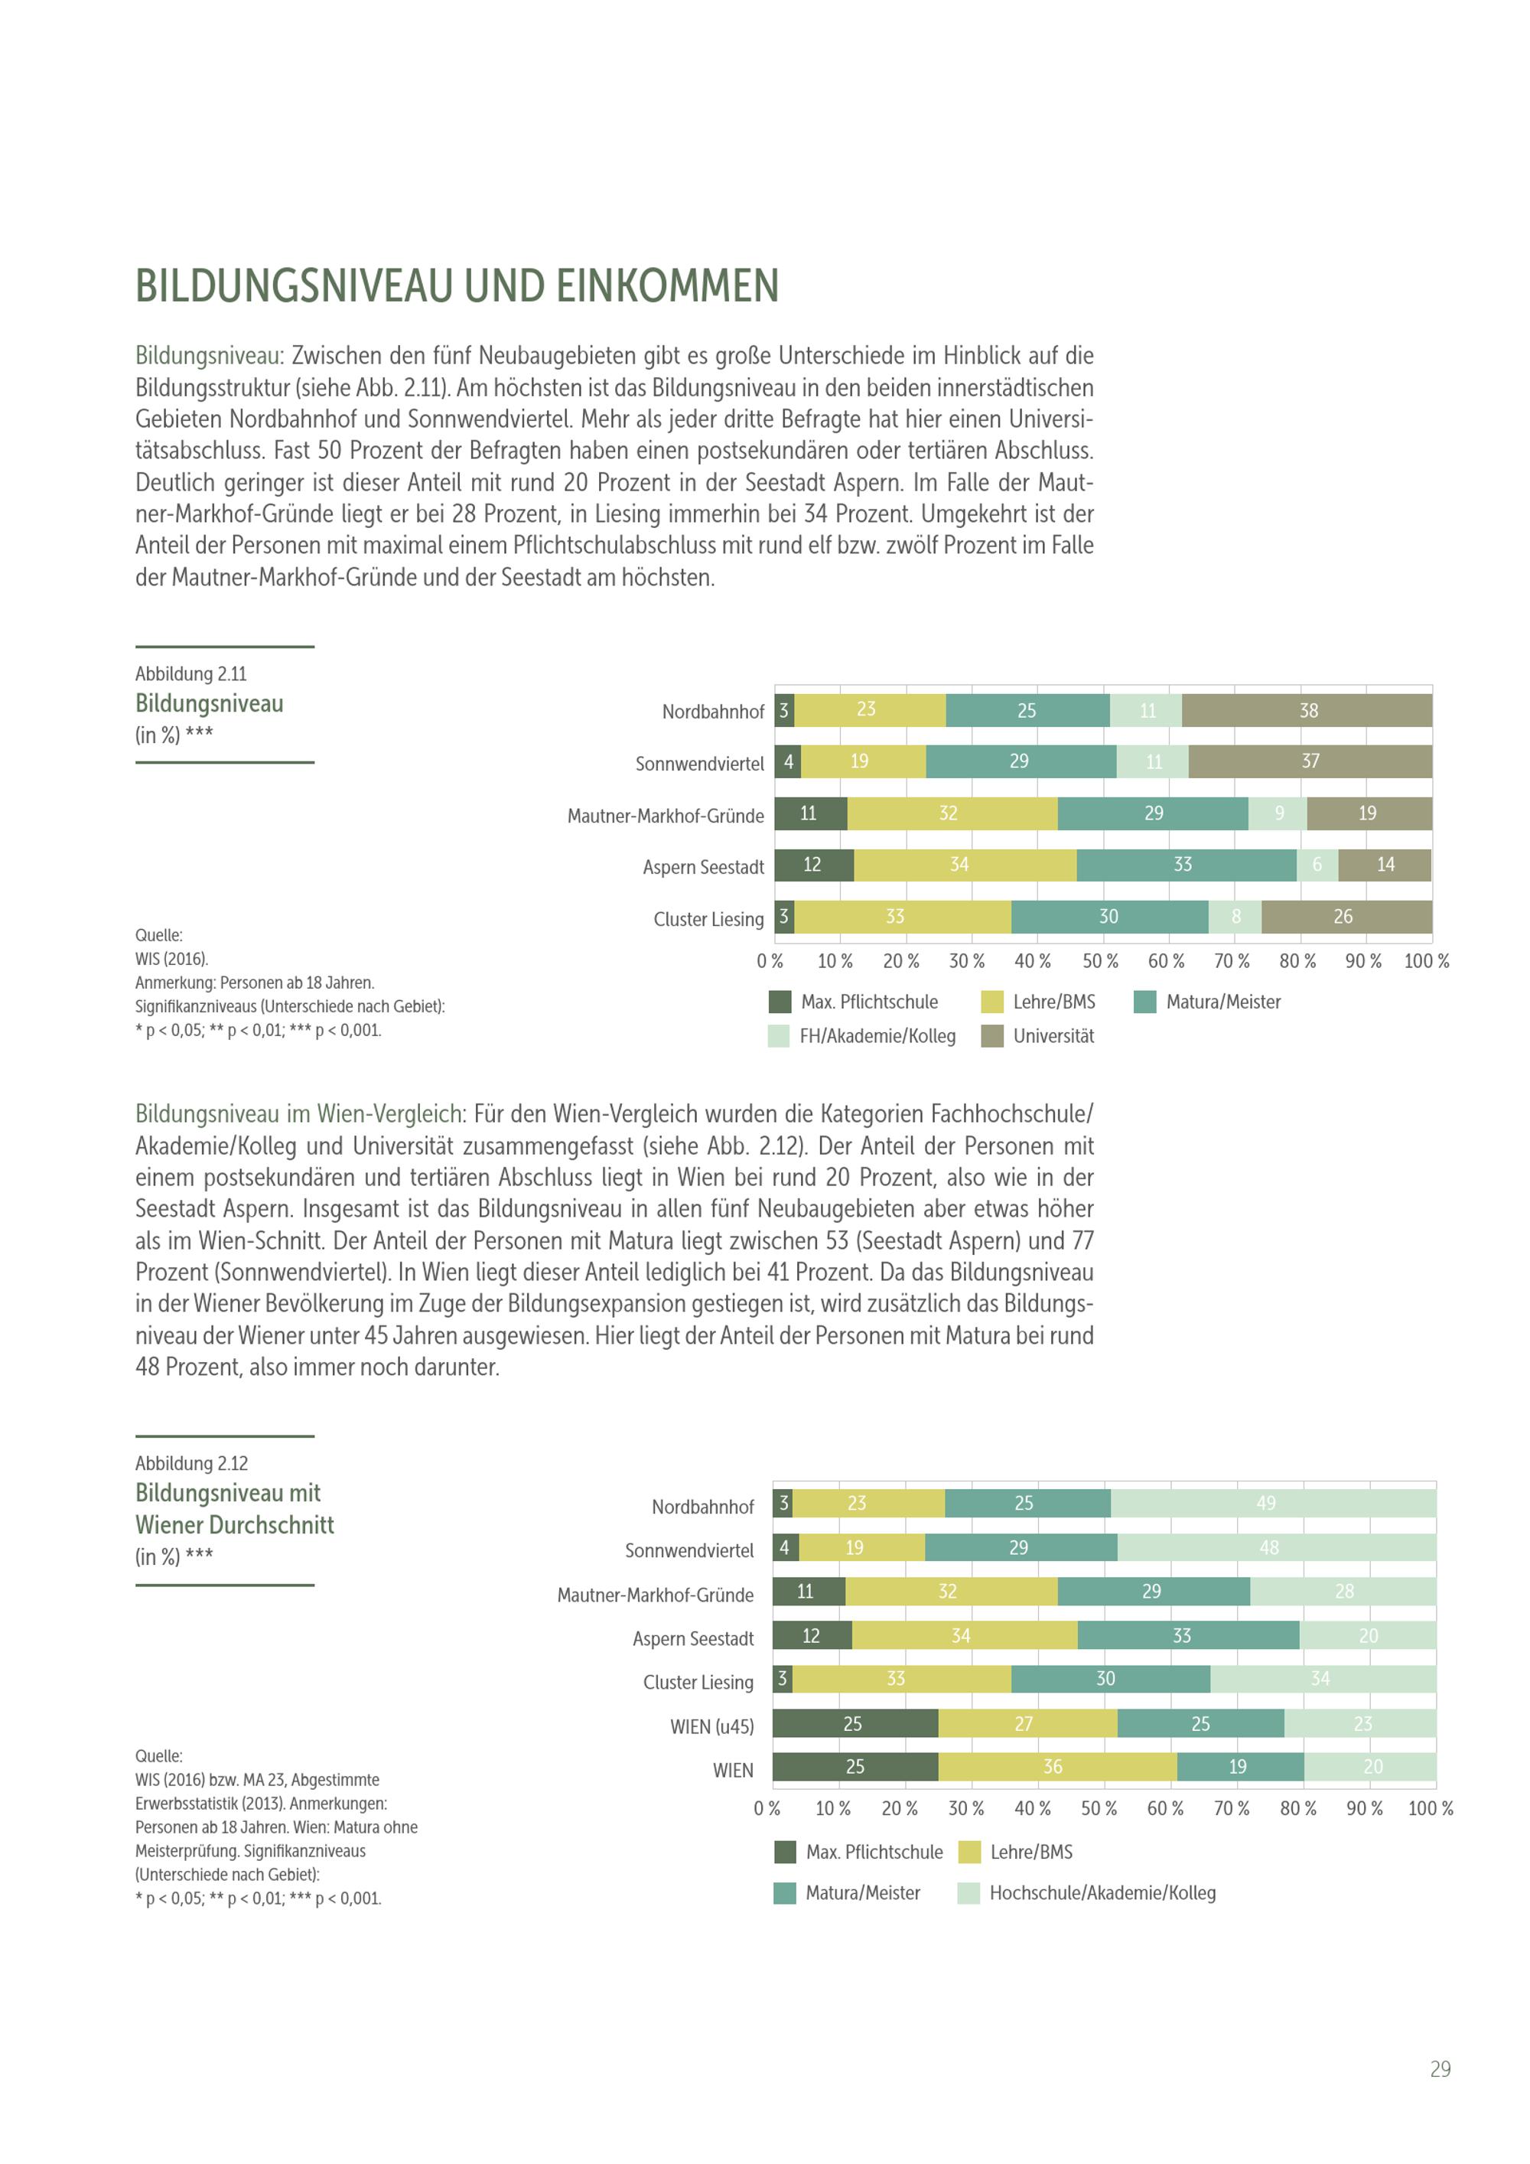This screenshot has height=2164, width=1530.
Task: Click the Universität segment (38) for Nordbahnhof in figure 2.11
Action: tap(1307, 711)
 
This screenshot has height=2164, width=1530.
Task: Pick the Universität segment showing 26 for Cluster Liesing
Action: tap(1346, 917)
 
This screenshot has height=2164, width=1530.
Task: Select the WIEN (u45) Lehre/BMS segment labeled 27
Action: tap(1027, 1724)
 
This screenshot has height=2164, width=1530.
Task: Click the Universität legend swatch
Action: tap(992, 1037)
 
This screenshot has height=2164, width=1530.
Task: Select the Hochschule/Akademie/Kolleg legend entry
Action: tap(1102, 1892)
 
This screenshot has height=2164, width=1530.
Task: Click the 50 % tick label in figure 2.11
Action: tap(1099, 961)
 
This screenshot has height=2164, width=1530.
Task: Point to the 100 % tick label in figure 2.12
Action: tap(1430, 1809)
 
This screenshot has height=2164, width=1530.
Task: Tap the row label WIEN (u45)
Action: tap(711, 1726)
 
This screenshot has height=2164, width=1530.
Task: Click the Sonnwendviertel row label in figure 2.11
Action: tap(699, 764)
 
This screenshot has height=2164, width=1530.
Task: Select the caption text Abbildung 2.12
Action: tap(191, 1464)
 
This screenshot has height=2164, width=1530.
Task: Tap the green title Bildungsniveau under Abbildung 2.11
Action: tap(209, 704)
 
